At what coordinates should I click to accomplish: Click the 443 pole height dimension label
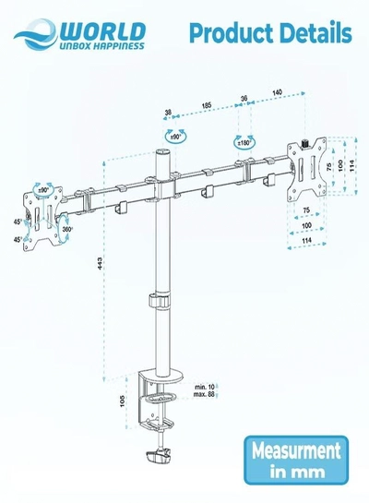tap(100, 263)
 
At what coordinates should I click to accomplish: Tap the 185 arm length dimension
tap(207, 105)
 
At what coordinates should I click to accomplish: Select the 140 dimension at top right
tap(278, 92)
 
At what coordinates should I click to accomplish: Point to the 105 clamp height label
tap(122, 401)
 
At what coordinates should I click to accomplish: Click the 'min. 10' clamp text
tap(205, 387)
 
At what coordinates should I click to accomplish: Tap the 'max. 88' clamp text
tap(204, 394)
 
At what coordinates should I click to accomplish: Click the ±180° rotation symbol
tap(244, 143)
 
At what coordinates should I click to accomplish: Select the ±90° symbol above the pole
tap(175, 137)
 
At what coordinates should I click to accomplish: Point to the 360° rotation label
tap(67, 230)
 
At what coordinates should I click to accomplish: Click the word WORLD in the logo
tap(103, 31)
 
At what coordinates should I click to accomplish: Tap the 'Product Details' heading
tap(270, 33)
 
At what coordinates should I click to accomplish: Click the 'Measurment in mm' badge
tap(296, 460)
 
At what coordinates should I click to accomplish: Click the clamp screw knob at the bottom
tap(158, 457)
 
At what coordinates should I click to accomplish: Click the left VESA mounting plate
tap(42, 218)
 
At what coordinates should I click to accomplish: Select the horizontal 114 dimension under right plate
tap(307, 240)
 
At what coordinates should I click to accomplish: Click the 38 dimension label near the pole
tap(168, 113)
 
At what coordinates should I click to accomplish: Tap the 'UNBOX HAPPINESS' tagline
tap(102, 46)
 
